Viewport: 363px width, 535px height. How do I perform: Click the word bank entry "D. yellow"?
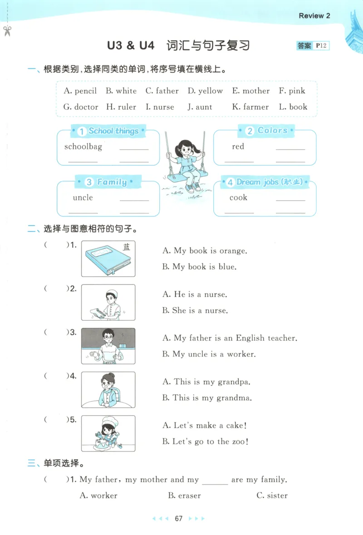pyautogui.click(x=205, y=91)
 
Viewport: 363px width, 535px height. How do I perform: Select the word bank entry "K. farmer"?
pyautogui.click(x=250, y=107)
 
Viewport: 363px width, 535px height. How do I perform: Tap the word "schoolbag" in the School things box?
pyautogui.click(x=83, y=146)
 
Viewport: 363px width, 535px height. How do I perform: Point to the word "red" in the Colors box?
pyautogui.click(x=238, y=146)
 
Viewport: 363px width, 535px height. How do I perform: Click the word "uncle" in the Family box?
pyautogui.click(x=83, y=198)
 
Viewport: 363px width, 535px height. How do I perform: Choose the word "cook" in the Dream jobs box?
pyautogui.click(x=238, y=198)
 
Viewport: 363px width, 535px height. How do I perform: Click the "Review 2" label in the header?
pyautogui.click(x=314, y=16)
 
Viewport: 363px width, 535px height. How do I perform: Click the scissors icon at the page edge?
pyautogui.click(x=7, y=31)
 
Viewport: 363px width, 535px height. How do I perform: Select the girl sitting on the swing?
pyautogui.click(x=185, y=163)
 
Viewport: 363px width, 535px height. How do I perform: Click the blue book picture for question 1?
pyautogui.click(x=108, y=259)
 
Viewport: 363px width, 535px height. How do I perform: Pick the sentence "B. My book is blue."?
pyautogui.click(x=199, y=267)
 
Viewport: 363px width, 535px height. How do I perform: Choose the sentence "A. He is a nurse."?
pyautogui.click(x=195, y=294)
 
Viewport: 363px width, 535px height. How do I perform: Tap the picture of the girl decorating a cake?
pyautogui.click(x=108, y=434)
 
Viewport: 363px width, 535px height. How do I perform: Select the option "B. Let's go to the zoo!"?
pyautogui.click(x=205, y=442)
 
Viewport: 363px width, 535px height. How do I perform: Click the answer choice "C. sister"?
pyautogui.click(x=272, y=496)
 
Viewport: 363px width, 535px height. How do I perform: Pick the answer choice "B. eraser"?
pyautogui.click(x=184, y=496)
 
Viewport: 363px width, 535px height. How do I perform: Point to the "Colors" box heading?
pyautogui.click(x=267, y=131)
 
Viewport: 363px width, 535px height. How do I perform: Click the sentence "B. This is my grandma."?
pyautogui.click(x=206, y=398)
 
